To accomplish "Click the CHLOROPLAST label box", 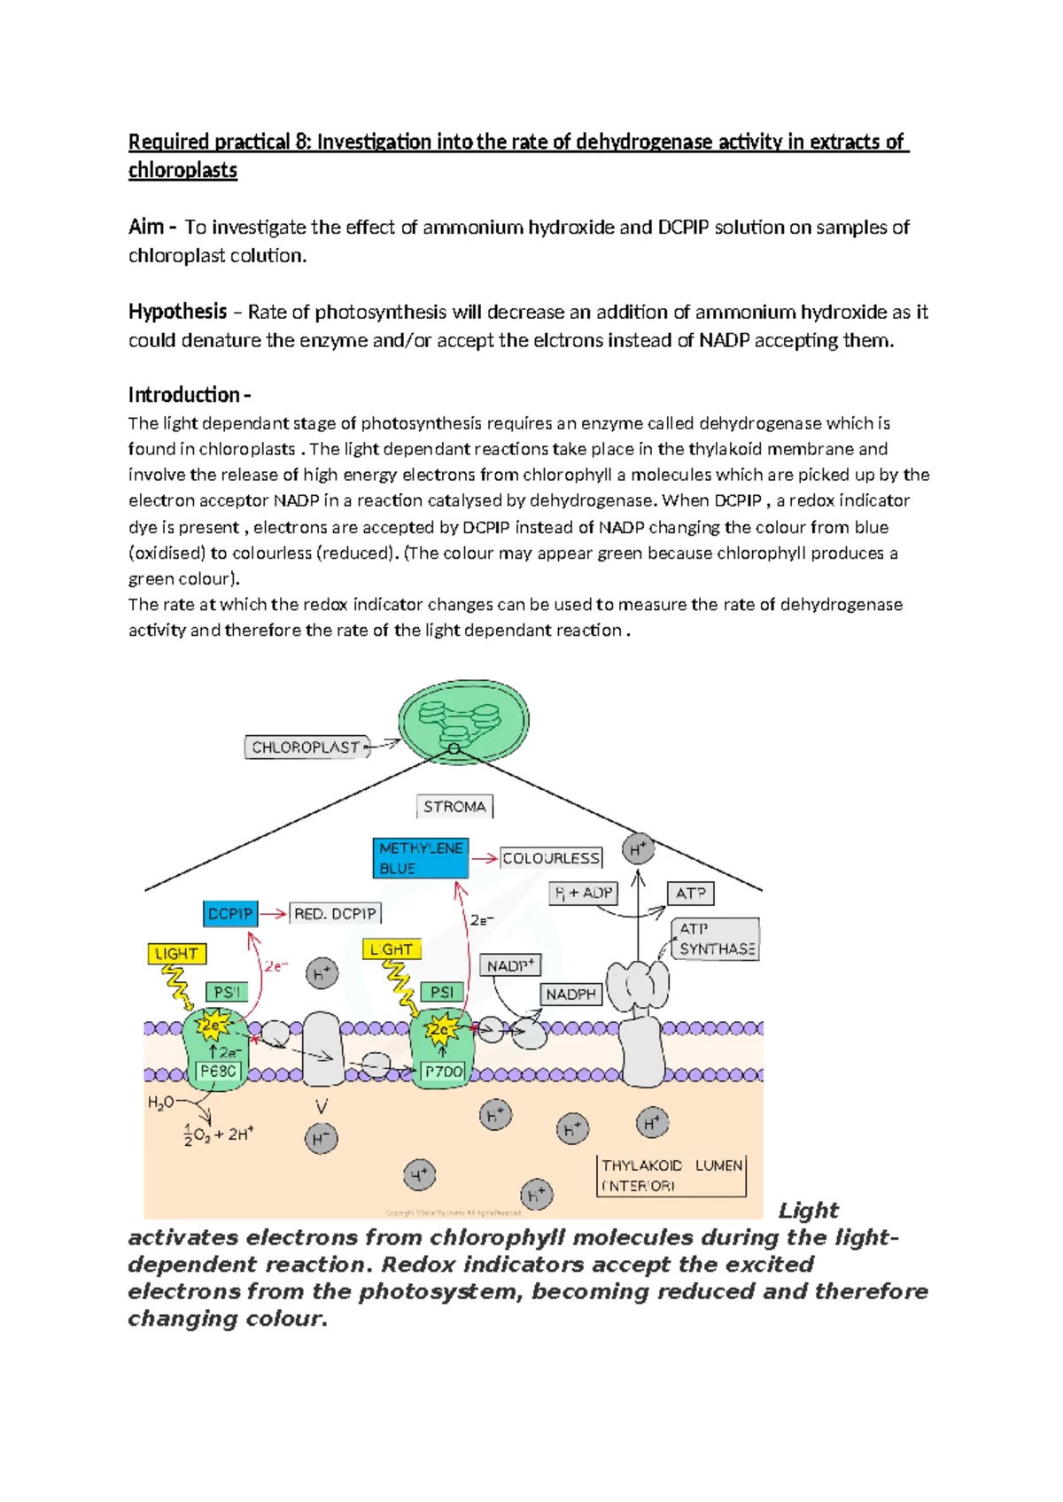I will coord(306,747).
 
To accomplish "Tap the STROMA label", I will coord(454,807).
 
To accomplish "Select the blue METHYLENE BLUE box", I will coord(421,858).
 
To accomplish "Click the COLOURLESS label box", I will coord(551,858).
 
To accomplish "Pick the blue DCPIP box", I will coord(230,913).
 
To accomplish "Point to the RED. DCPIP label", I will coord(335,913).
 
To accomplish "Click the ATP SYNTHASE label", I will coord(716,939).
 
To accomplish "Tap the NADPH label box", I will coord(570,995).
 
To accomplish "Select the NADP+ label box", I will coord(510,965).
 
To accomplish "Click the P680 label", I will coord(218,1071).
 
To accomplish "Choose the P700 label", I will coord(443,1072).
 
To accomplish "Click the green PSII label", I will coord(226,992).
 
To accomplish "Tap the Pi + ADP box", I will coord(583,893).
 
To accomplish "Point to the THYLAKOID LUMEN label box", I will coord(671,1175).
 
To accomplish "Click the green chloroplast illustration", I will coord(463,721).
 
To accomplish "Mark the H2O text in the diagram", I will coord(160,1103).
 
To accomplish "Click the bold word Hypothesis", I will coord(177,312).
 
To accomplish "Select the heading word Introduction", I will coord(184,395).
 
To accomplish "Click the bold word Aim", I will coord(145,227).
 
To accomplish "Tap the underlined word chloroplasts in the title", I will coord(182,170).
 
